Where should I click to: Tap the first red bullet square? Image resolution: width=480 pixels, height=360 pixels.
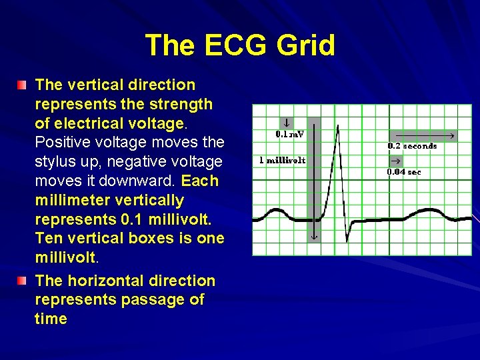pos(23,85)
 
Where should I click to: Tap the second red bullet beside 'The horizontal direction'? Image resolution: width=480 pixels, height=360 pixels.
pos(23,281)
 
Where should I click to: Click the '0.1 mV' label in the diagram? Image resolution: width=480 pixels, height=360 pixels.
pos(289,134)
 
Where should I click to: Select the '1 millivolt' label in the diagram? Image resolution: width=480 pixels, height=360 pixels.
pos(282,161)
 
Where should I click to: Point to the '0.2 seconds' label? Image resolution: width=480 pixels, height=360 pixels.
pos(412,146)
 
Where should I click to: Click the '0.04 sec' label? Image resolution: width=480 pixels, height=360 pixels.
pos(404,172)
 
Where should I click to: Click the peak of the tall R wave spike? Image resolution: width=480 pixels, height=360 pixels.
pos(338,125)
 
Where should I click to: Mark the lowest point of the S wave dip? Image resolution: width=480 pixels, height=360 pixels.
pos(347,241)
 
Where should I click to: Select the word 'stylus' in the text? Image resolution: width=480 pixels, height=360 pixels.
pos(57,162)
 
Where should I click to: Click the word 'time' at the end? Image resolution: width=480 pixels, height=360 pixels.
pos(51,319)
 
